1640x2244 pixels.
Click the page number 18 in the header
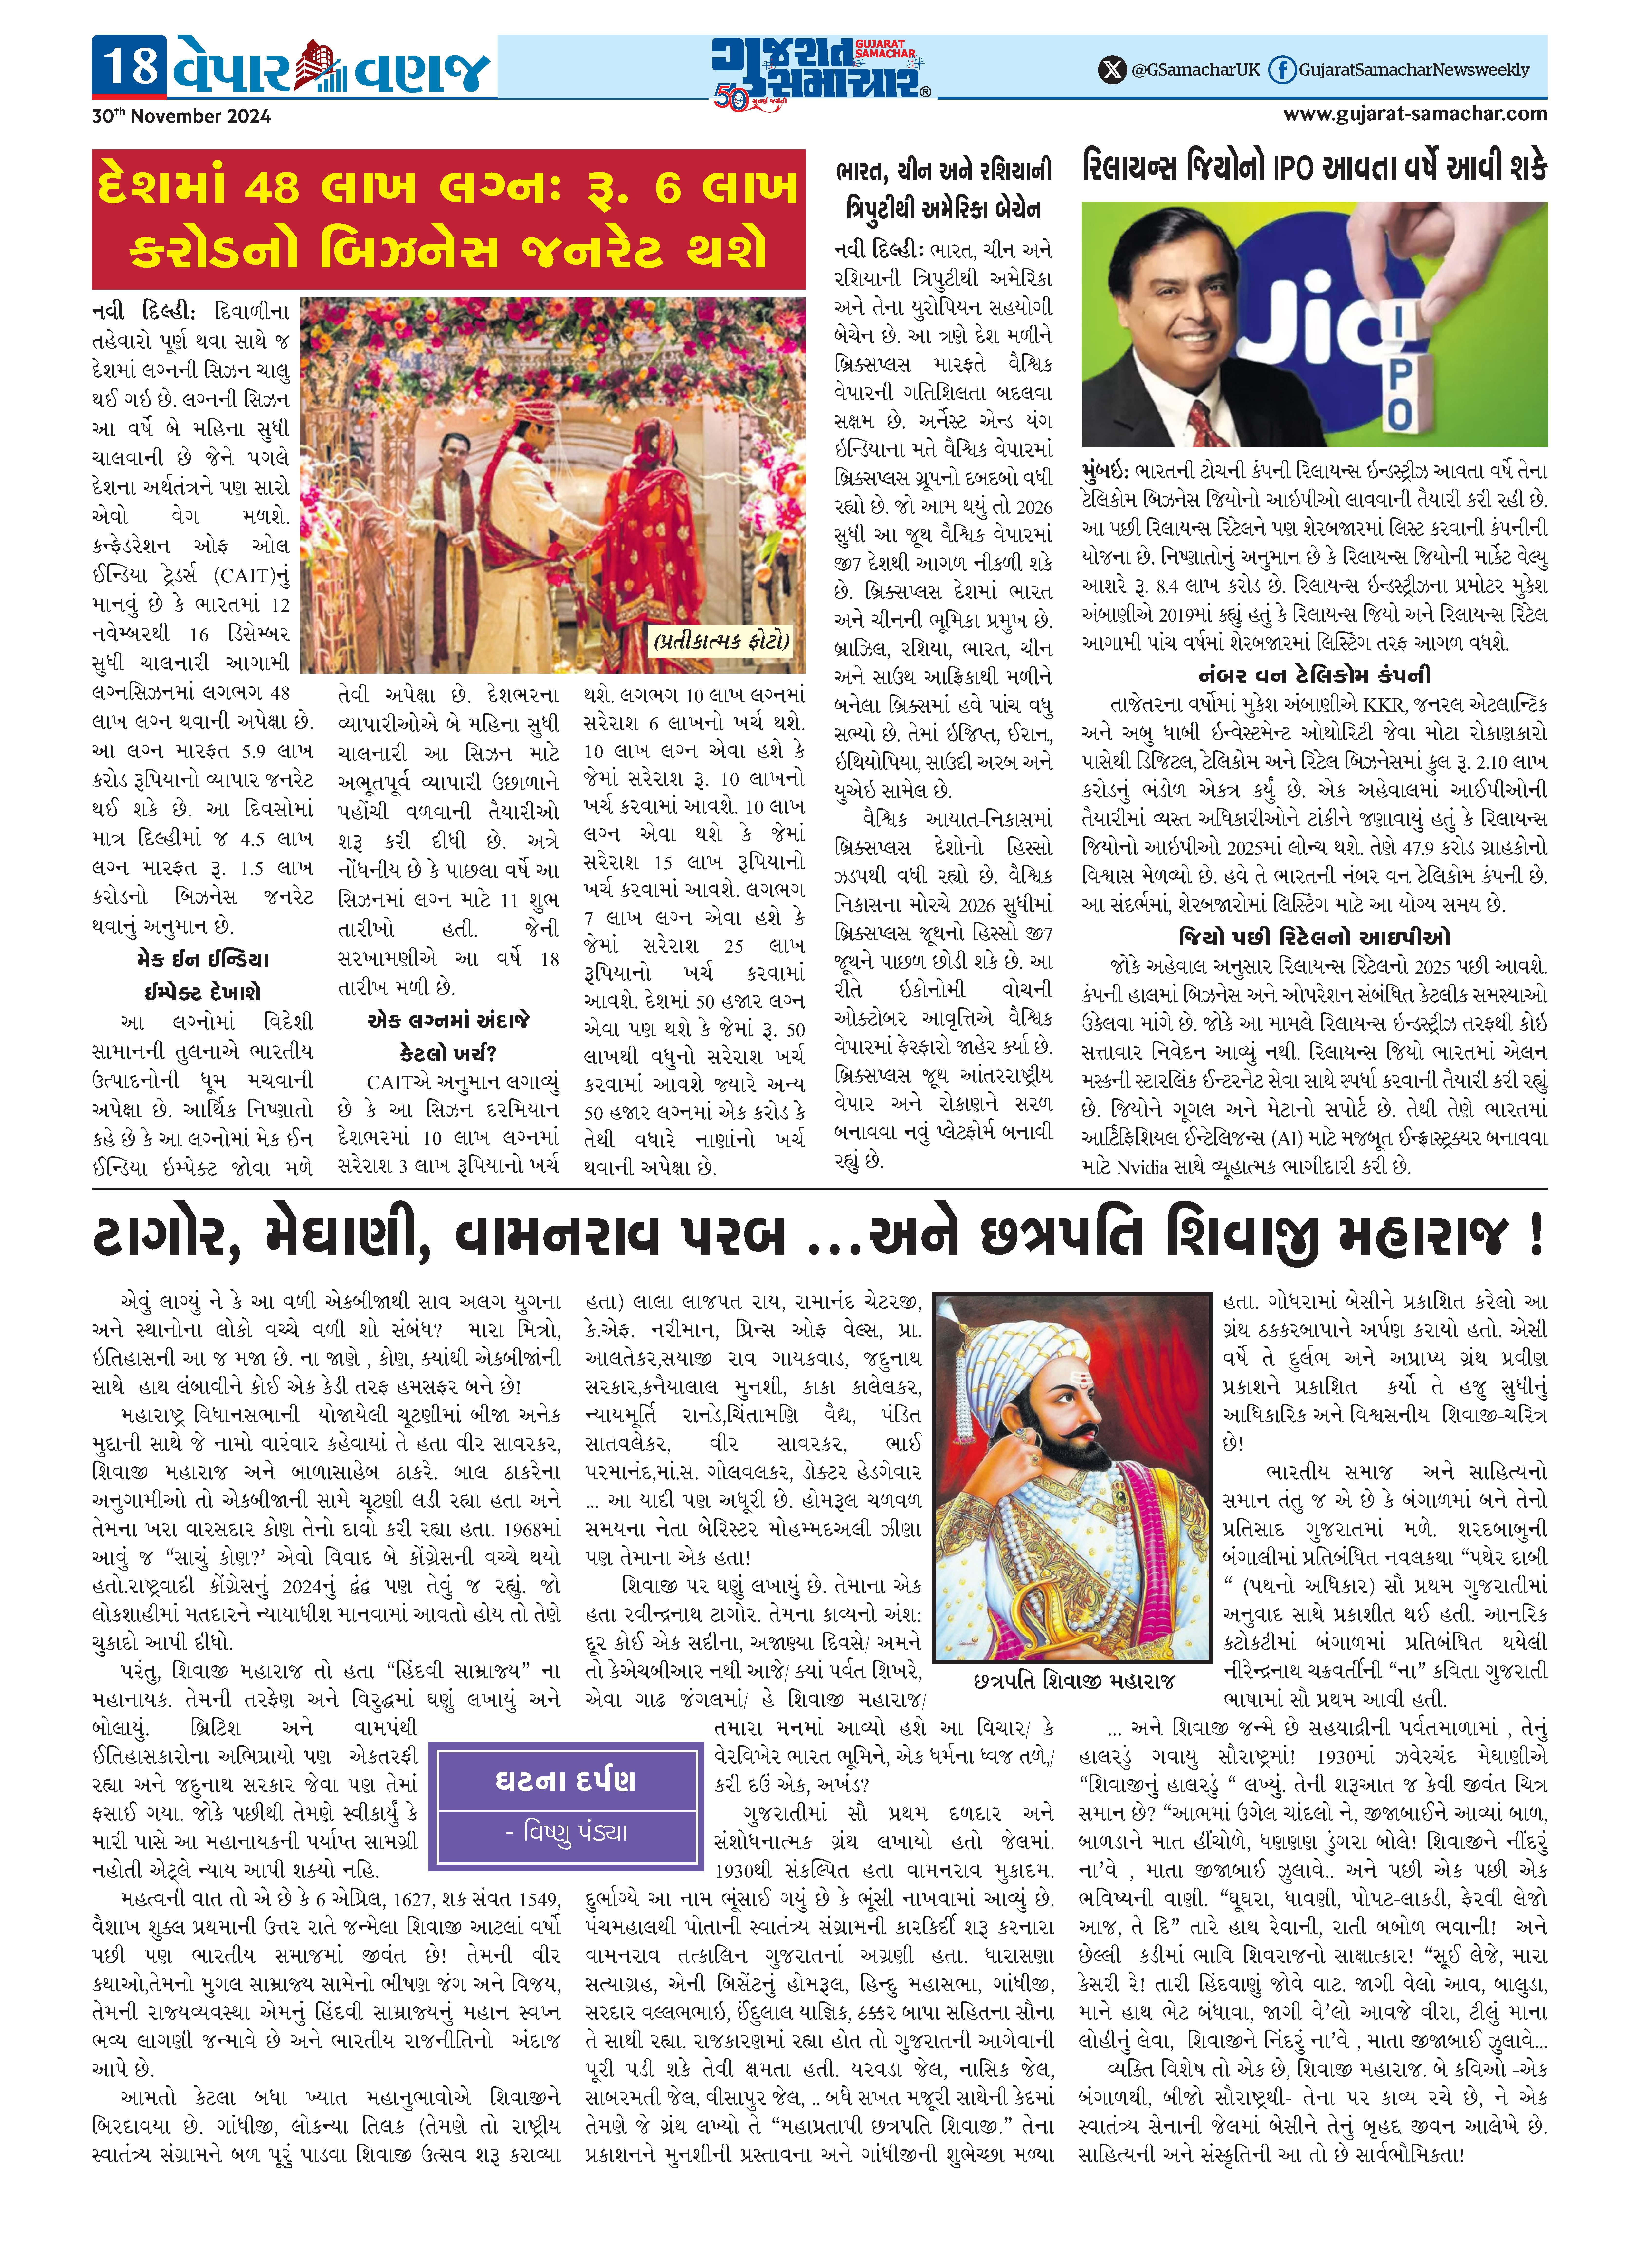[130, 66]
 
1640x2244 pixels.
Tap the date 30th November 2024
[182, 116]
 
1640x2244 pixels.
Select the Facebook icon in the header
[1283, 69]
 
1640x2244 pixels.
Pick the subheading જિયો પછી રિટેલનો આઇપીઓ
[1314, 936]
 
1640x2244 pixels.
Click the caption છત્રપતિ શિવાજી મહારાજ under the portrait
[1074, 1680]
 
